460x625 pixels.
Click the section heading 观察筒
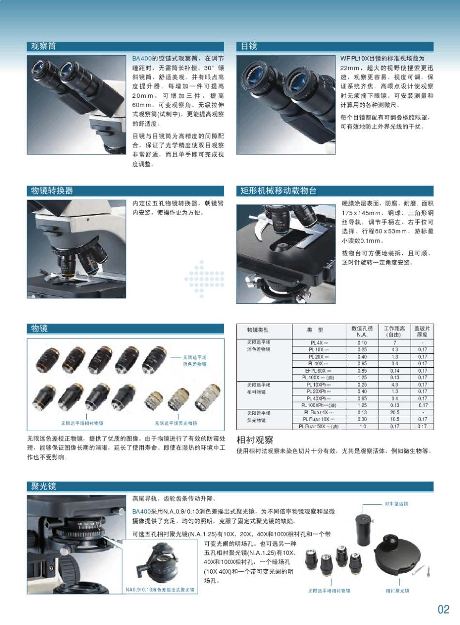click(x=44, y=47)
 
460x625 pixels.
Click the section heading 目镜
click(x=249, y=47)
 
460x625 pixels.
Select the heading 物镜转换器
click(x=52, y=191)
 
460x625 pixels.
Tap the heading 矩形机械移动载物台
click(x=278, y=191)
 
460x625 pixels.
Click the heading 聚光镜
click(x=44, y=486)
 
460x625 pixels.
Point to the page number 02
click(x=444, y=609)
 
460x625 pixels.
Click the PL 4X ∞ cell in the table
click(x=319, y=343)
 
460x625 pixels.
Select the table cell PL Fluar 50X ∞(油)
click(x=319, y=426)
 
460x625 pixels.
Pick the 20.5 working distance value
click(x=395, y=412)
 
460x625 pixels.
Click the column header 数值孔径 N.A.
click(x=362, y=331)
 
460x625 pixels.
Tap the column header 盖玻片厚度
click(x=422, y=331)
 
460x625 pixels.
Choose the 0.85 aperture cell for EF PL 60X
click(x=362, y=371)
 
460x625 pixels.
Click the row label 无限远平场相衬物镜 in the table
click(x=259, y=388)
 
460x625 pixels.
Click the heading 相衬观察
click(x=255, y=440)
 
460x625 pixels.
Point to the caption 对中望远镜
click(x=396, y=504)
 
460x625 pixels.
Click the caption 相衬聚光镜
click(x=397, y=591)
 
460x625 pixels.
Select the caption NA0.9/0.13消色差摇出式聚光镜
click(x=160, y=590)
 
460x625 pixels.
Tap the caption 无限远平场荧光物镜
click(x=176, y=423)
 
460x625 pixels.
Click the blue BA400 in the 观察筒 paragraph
click(x=142, y=59)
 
